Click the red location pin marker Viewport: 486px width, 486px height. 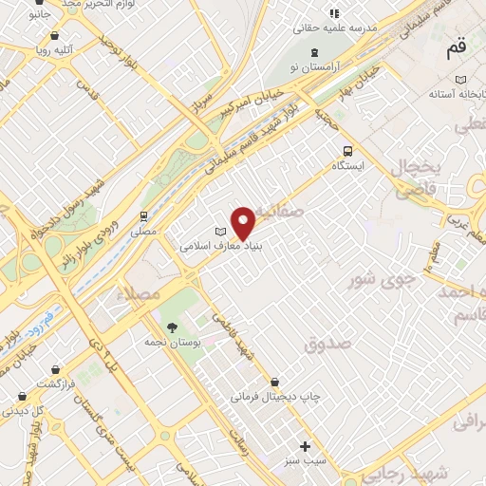(x=244, y=223)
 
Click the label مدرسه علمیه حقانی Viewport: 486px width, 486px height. (x=340, y=28)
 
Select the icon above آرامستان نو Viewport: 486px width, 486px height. (x=315, y=50)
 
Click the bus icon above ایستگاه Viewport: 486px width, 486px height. (x=347, y=150)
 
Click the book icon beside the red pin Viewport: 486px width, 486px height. (x=221, y=231)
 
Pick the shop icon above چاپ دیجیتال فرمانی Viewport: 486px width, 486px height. (x=275, y=383)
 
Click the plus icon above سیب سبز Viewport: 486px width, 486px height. (x=305, y=446)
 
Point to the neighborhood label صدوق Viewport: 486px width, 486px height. (x=327, y=344)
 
